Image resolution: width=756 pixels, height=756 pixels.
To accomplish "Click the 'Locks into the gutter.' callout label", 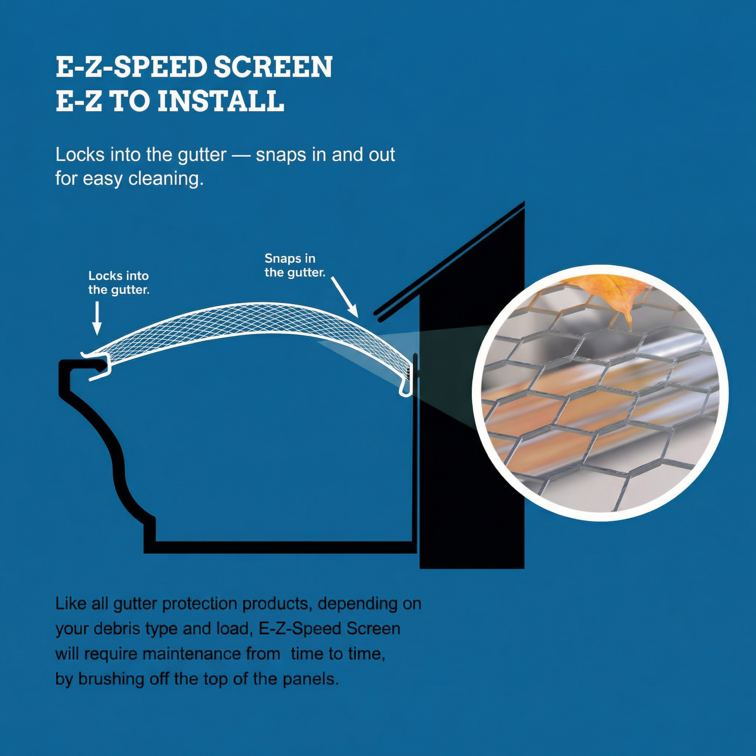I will point(118,282).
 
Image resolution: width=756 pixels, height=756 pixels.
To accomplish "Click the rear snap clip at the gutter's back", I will point(407,387).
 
